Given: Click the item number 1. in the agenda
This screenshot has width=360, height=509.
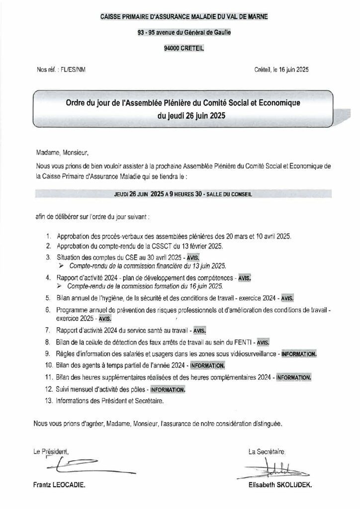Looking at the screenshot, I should tap(48, 236).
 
